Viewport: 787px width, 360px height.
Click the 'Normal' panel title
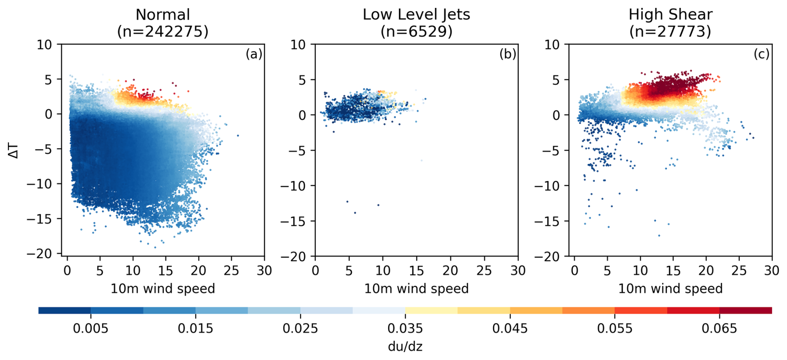(163, 15)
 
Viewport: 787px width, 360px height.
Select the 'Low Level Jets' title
(416, 15)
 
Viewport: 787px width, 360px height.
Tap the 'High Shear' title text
(670, 15)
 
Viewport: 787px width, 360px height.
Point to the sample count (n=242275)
(163, 32)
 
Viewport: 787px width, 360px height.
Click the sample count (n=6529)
(416, 32)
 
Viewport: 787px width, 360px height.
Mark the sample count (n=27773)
(670, 32)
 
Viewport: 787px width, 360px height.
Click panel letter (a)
(254, 54)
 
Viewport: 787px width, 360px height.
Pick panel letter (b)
(507, 54)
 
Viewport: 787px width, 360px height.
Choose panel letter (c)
(761, 54)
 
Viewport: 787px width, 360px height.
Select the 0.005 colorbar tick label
(90, 329)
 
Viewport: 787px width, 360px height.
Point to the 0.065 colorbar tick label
(719, 329)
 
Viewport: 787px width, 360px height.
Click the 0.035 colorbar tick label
(405, 329)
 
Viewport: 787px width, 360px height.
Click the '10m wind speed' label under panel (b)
(416, 289)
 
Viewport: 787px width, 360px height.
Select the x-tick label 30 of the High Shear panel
(772, 271)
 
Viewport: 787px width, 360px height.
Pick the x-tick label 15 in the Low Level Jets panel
(416, 271)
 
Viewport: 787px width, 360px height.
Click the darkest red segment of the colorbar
(745, 310)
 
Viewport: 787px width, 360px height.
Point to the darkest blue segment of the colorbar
(64, 310)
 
